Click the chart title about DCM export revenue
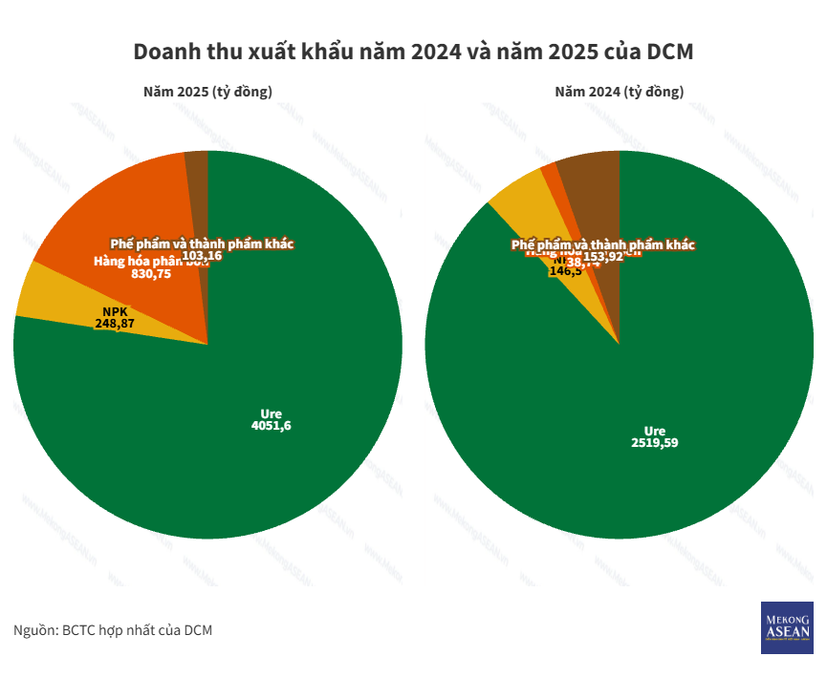coord(413,52)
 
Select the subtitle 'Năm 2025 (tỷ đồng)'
coord(207,93)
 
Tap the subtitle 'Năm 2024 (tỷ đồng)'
coord(620,93)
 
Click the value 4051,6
coord(271,426)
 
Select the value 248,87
coord(114,324)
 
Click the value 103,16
coord(202,256)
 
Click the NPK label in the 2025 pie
coord(114,311)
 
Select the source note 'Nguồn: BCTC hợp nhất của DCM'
coord(112,630)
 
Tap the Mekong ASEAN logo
coord(786,627)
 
